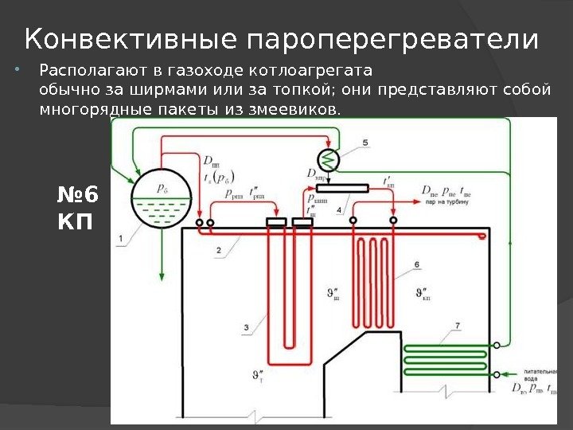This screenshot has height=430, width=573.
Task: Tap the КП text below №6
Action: point(76,222)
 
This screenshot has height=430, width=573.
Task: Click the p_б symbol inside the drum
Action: point(162,189)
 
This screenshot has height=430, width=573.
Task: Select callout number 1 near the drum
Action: point(119,237)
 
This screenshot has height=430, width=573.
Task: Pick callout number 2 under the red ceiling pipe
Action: point(217,251)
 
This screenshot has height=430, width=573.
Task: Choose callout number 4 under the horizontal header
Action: point(340,209)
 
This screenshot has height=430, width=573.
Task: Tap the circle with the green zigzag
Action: point(329,158)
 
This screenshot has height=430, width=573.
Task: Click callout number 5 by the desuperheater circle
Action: point(365,143)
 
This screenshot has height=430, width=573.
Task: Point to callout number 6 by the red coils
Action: point(417,264)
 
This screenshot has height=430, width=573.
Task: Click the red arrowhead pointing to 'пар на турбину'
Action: point(416,202)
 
